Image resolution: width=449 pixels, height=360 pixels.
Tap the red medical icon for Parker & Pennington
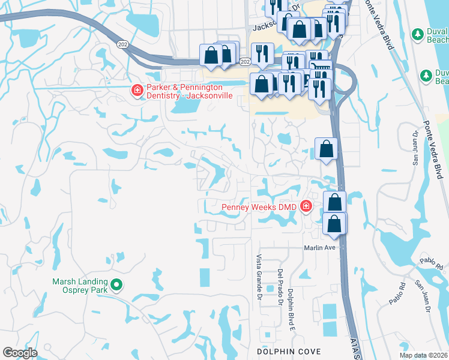tap(137, 91)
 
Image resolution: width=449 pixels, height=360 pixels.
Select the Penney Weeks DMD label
tap(259, 207)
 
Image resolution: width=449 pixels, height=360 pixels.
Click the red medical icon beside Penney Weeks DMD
tap(306, 207)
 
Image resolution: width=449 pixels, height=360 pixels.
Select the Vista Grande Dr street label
tap(259, 277)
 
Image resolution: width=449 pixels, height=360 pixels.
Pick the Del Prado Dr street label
tap(280, 286)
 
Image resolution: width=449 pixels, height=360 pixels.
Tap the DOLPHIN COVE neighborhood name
tap(288, 351)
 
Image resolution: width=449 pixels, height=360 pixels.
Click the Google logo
tap(20, 353)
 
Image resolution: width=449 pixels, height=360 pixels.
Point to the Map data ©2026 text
tap(423, 355)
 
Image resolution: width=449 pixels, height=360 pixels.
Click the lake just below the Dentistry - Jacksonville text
tap(186, 107)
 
